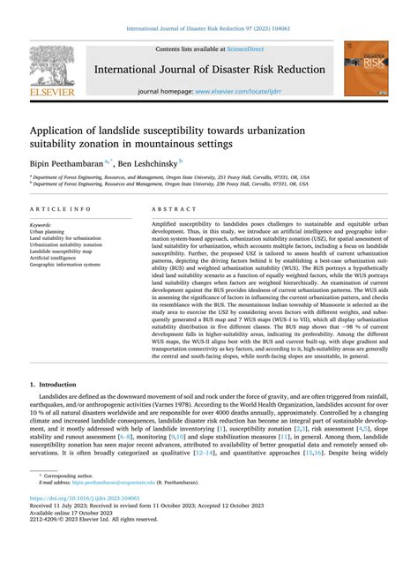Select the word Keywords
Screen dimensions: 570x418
41,226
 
